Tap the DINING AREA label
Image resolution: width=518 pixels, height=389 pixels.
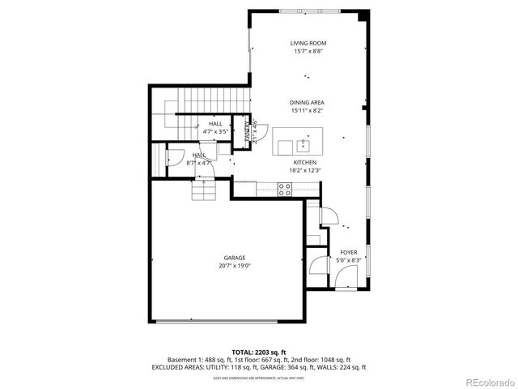(307, 103)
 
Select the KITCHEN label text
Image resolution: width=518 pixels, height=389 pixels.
(305, 162)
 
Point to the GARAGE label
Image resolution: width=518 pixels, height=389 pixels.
(235, 258)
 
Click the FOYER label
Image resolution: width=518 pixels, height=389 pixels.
(348, 253)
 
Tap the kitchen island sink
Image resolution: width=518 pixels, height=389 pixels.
(304, 146)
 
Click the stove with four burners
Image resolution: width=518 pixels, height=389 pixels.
(285, 189)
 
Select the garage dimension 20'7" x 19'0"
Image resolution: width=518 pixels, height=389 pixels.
(235, 266)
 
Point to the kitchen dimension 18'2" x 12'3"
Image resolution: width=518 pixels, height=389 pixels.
(305, 170)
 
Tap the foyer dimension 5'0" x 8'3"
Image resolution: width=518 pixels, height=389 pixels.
(348, 261)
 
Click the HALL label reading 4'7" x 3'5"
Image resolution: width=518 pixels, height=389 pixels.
(215, 130)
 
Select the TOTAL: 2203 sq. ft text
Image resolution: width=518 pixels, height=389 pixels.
(259, 353)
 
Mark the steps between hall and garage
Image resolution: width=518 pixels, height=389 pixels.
(204, 191)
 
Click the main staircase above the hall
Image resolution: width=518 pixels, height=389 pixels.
(212, 100)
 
